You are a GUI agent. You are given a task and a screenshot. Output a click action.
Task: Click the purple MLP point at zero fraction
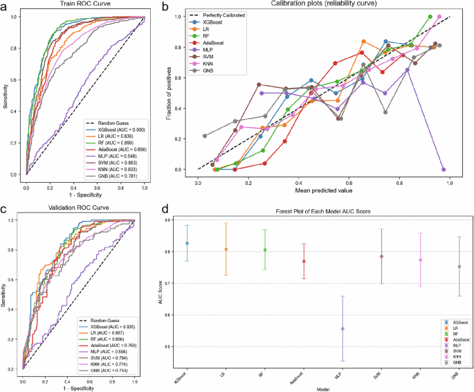click(443, 169)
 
